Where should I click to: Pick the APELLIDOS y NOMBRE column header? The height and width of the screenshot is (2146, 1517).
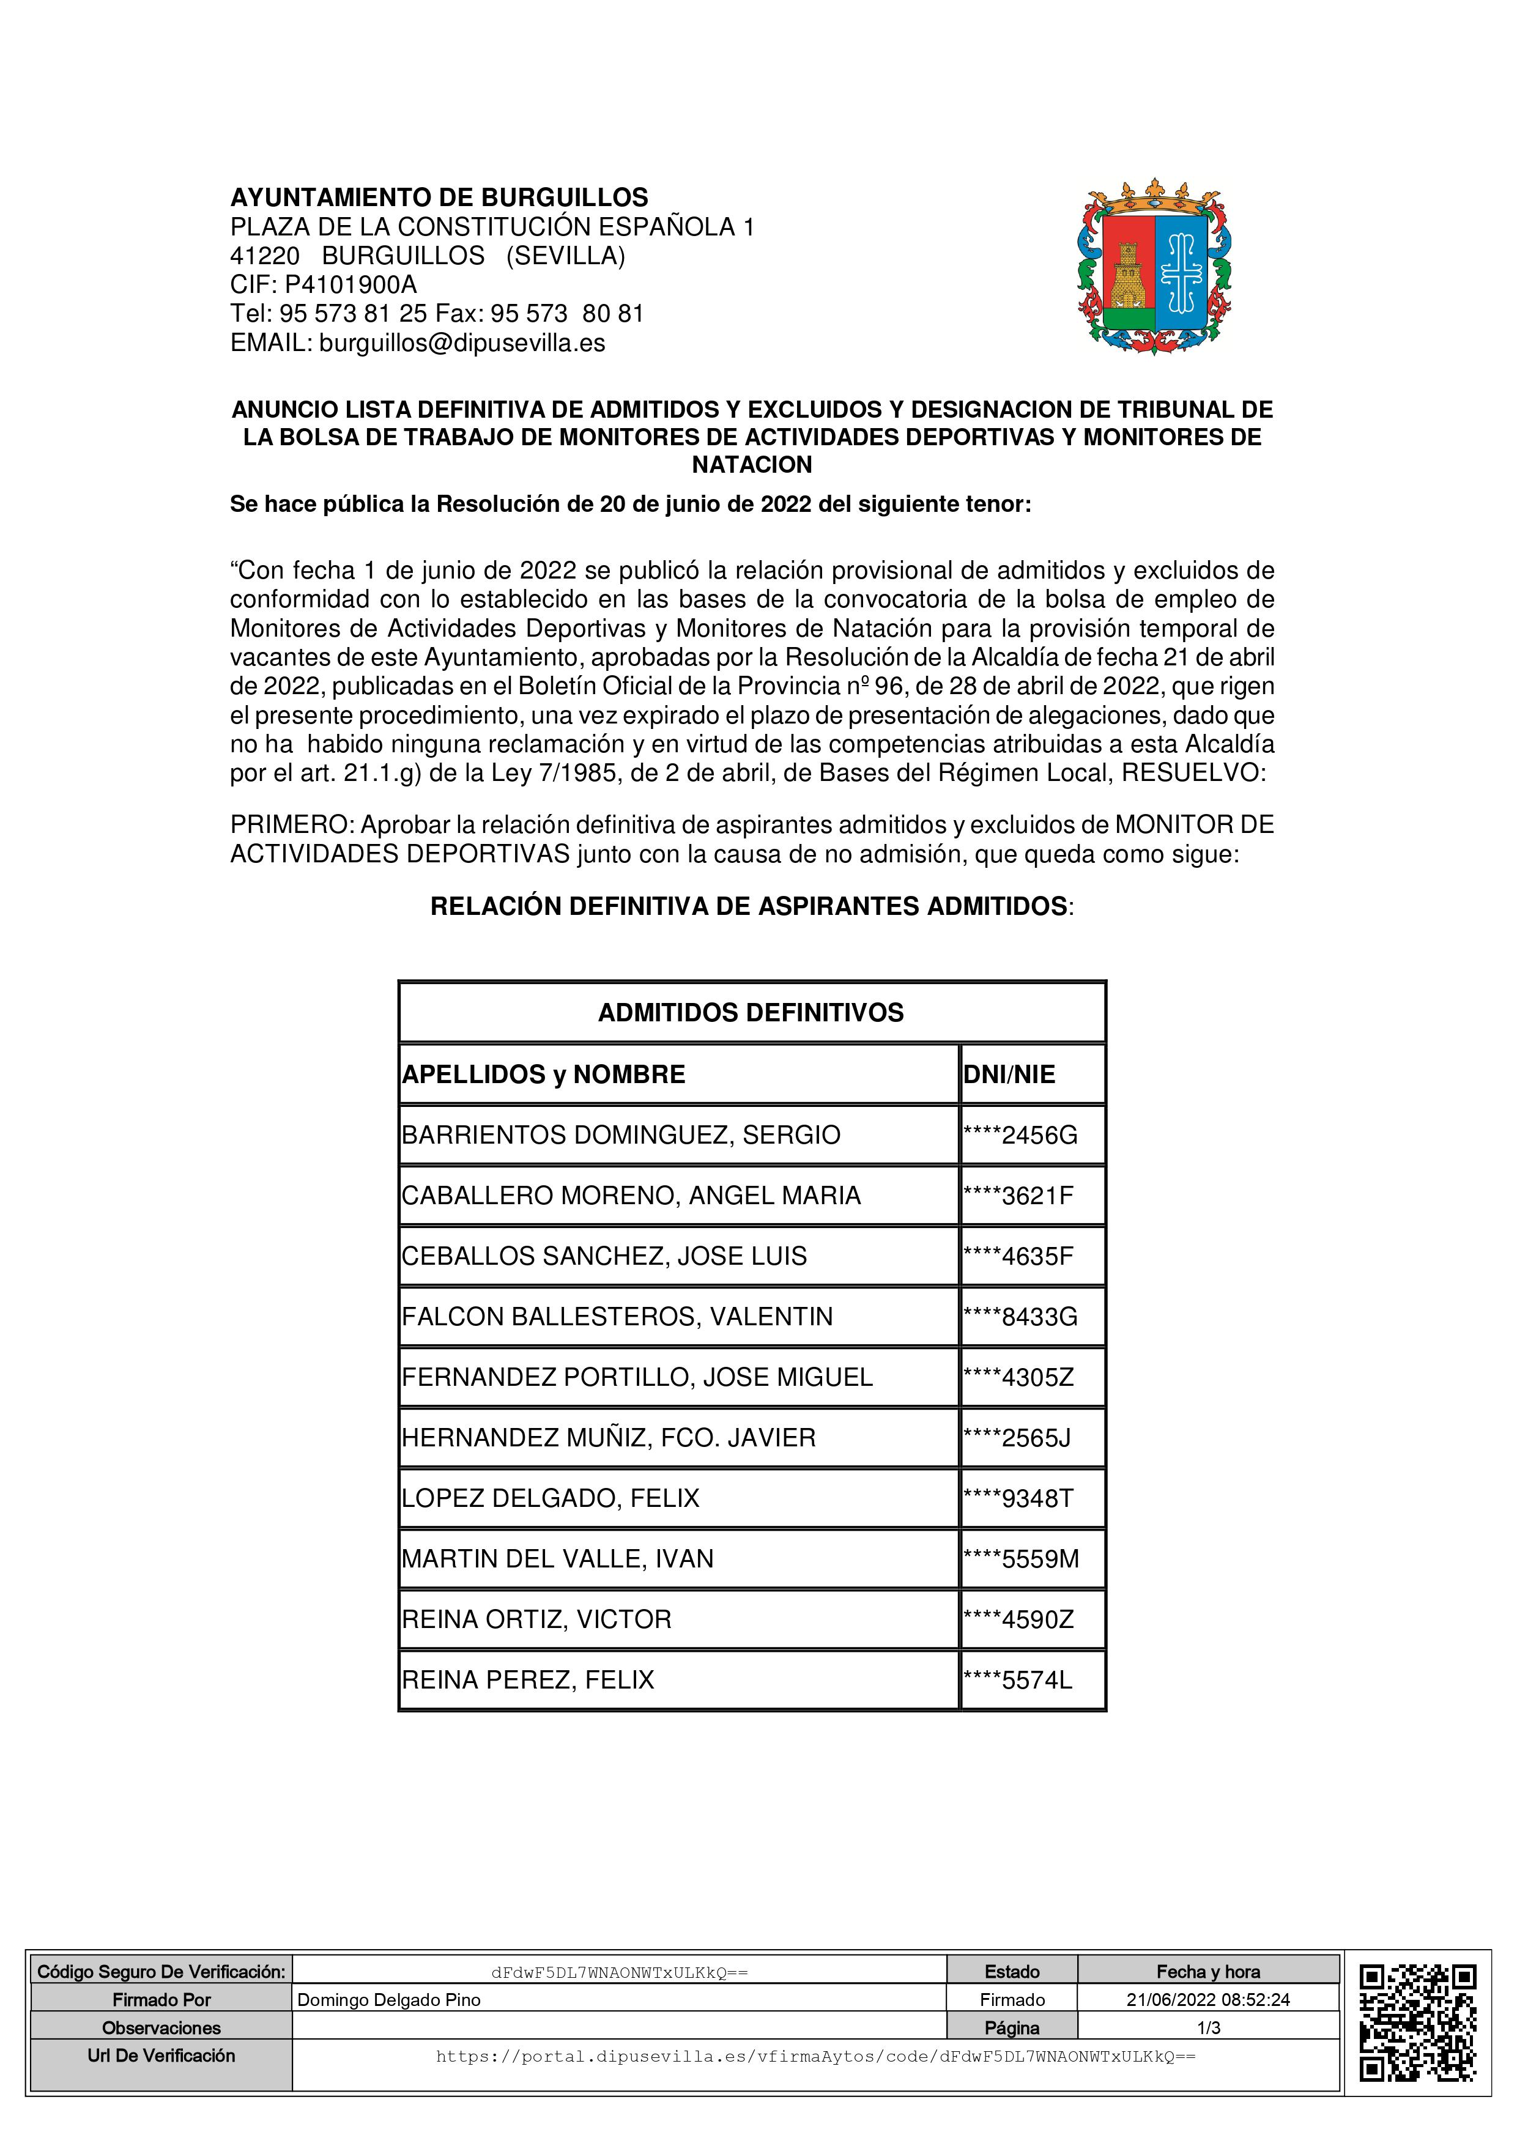(x=543, y=1075)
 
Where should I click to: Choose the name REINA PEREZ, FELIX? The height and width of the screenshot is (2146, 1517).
(x=528, y=1681)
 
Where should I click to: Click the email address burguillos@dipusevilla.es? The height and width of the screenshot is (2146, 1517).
(x=462, y=343)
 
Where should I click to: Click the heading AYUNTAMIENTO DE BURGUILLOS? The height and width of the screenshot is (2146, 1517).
(x=439, y=198)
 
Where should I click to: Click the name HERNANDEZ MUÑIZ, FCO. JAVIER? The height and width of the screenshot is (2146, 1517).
(x=609, y=1438)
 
